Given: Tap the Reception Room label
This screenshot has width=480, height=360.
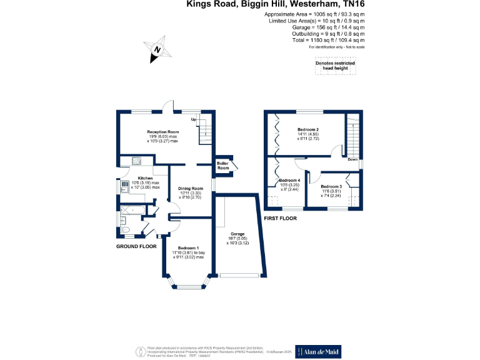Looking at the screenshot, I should [x=162, y=132].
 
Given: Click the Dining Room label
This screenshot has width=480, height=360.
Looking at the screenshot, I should [x=191, y=188].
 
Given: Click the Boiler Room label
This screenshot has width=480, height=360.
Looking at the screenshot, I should [x=222, y=166].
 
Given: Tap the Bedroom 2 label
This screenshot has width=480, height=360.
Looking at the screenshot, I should [x=308, y=129].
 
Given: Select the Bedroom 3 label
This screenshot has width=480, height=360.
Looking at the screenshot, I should [x=331, y=186].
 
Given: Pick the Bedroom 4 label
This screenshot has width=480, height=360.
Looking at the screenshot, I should [x=281, y=181].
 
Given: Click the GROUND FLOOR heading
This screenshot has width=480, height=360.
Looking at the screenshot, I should [x=136, y=247].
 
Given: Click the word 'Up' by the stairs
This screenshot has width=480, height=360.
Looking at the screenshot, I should [x=194, y=119].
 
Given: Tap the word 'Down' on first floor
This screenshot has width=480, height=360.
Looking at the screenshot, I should [x=352, y=159].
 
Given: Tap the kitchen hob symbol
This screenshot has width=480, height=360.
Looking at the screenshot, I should [x=136, y=162].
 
